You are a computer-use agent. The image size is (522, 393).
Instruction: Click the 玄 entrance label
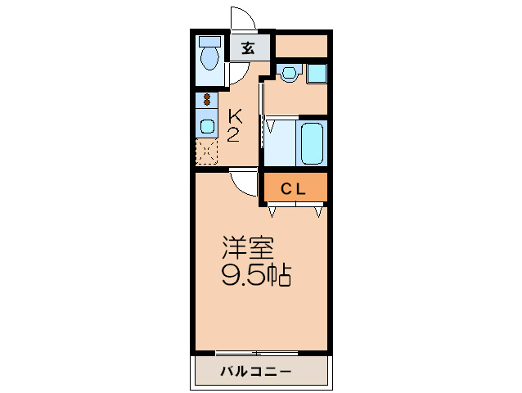pyautogui.click(x=247, y=47)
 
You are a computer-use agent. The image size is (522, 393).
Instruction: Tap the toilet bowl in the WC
pyautogui.click(x=210, y=58)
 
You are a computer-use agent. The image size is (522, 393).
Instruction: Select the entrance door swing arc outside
pyautogui.click(x=241, y=20)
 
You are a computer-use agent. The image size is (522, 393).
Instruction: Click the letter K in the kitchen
pyautogui.click(x=233, y=116)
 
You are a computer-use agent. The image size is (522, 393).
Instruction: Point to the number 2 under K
pyautogui.click(x=233, y=134)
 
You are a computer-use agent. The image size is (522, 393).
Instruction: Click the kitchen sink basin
pyautogui.click(x=206, y=126)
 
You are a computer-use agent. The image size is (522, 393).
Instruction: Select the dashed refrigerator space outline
pyautogui.click(x=206, y=151)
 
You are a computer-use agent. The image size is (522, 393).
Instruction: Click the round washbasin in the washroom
pyautogui.click(x=287, y=74)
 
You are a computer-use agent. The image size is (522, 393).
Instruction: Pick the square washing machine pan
pyautogui.click(x=317, y=74)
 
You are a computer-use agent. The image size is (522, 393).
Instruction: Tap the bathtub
pyautogui.click(x=313, y=143)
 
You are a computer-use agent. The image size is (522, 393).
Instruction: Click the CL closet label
pyautogui.click(x=294, y=189)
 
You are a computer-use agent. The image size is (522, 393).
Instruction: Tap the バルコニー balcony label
pyautogui.click(x=255, y=373)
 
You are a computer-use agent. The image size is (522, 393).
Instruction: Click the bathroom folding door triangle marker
pyautogui.click(x=268, y=127)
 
